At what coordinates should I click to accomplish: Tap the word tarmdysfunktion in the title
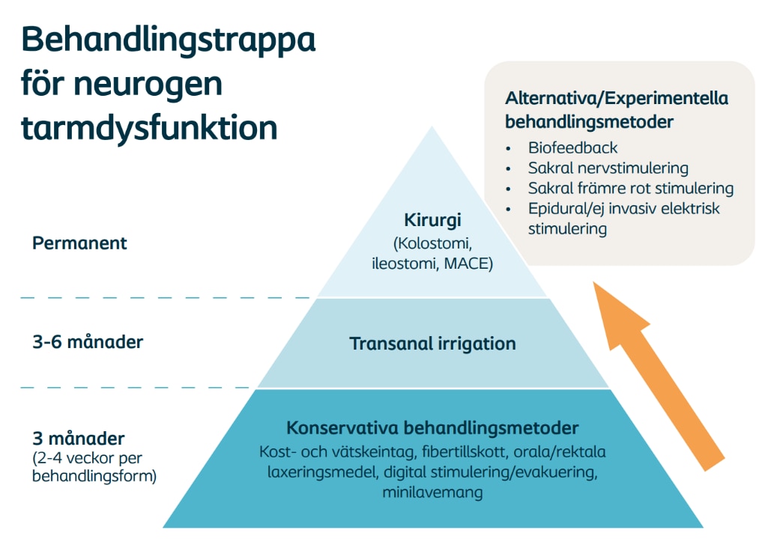(x=149, y=128)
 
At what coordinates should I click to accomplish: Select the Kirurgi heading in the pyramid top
(x=432, y=220)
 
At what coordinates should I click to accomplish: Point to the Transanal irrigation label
(x=432, y=344)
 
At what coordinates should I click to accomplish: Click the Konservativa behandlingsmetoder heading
(x=432, y=427)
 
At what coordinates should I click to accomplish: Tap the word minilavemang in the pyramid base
(x=432, y=493)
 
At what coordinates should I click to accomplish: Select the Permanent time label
(x=79, y=243)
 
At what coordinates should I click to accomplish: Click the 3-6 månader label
(x=88, y=342)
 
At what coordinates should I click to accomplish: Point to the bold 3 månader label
(x=79, y=438)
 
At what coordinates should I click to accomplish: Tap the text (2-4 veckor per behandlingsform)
(x=94, y=466)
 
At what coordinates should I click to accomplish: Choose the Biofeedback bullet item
(x=572, y=147)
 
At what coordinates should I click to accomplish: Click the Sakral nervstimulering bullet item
(x=608, y=168)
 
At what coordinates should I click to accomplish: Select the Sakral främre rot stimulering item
(x=631, y=188)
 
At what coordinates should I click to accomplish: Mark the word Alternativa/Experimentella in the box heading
(x=617, y=98)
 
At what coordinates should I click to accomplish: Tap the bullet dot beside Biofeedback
(x=508, y=149)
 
